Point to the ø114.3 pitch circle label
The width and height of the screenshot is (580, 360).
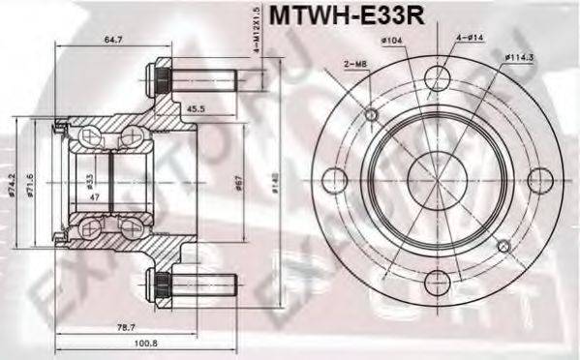520,58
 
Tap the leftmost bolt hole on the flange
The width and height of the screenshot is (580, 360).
331,179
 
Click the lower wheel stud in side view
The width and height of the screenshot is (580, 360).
194,284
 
